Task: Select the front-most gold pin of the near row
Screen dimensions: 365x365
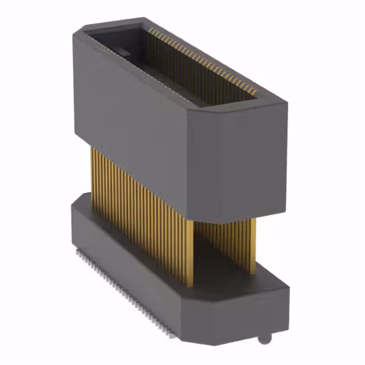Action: tap(189, 251)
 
